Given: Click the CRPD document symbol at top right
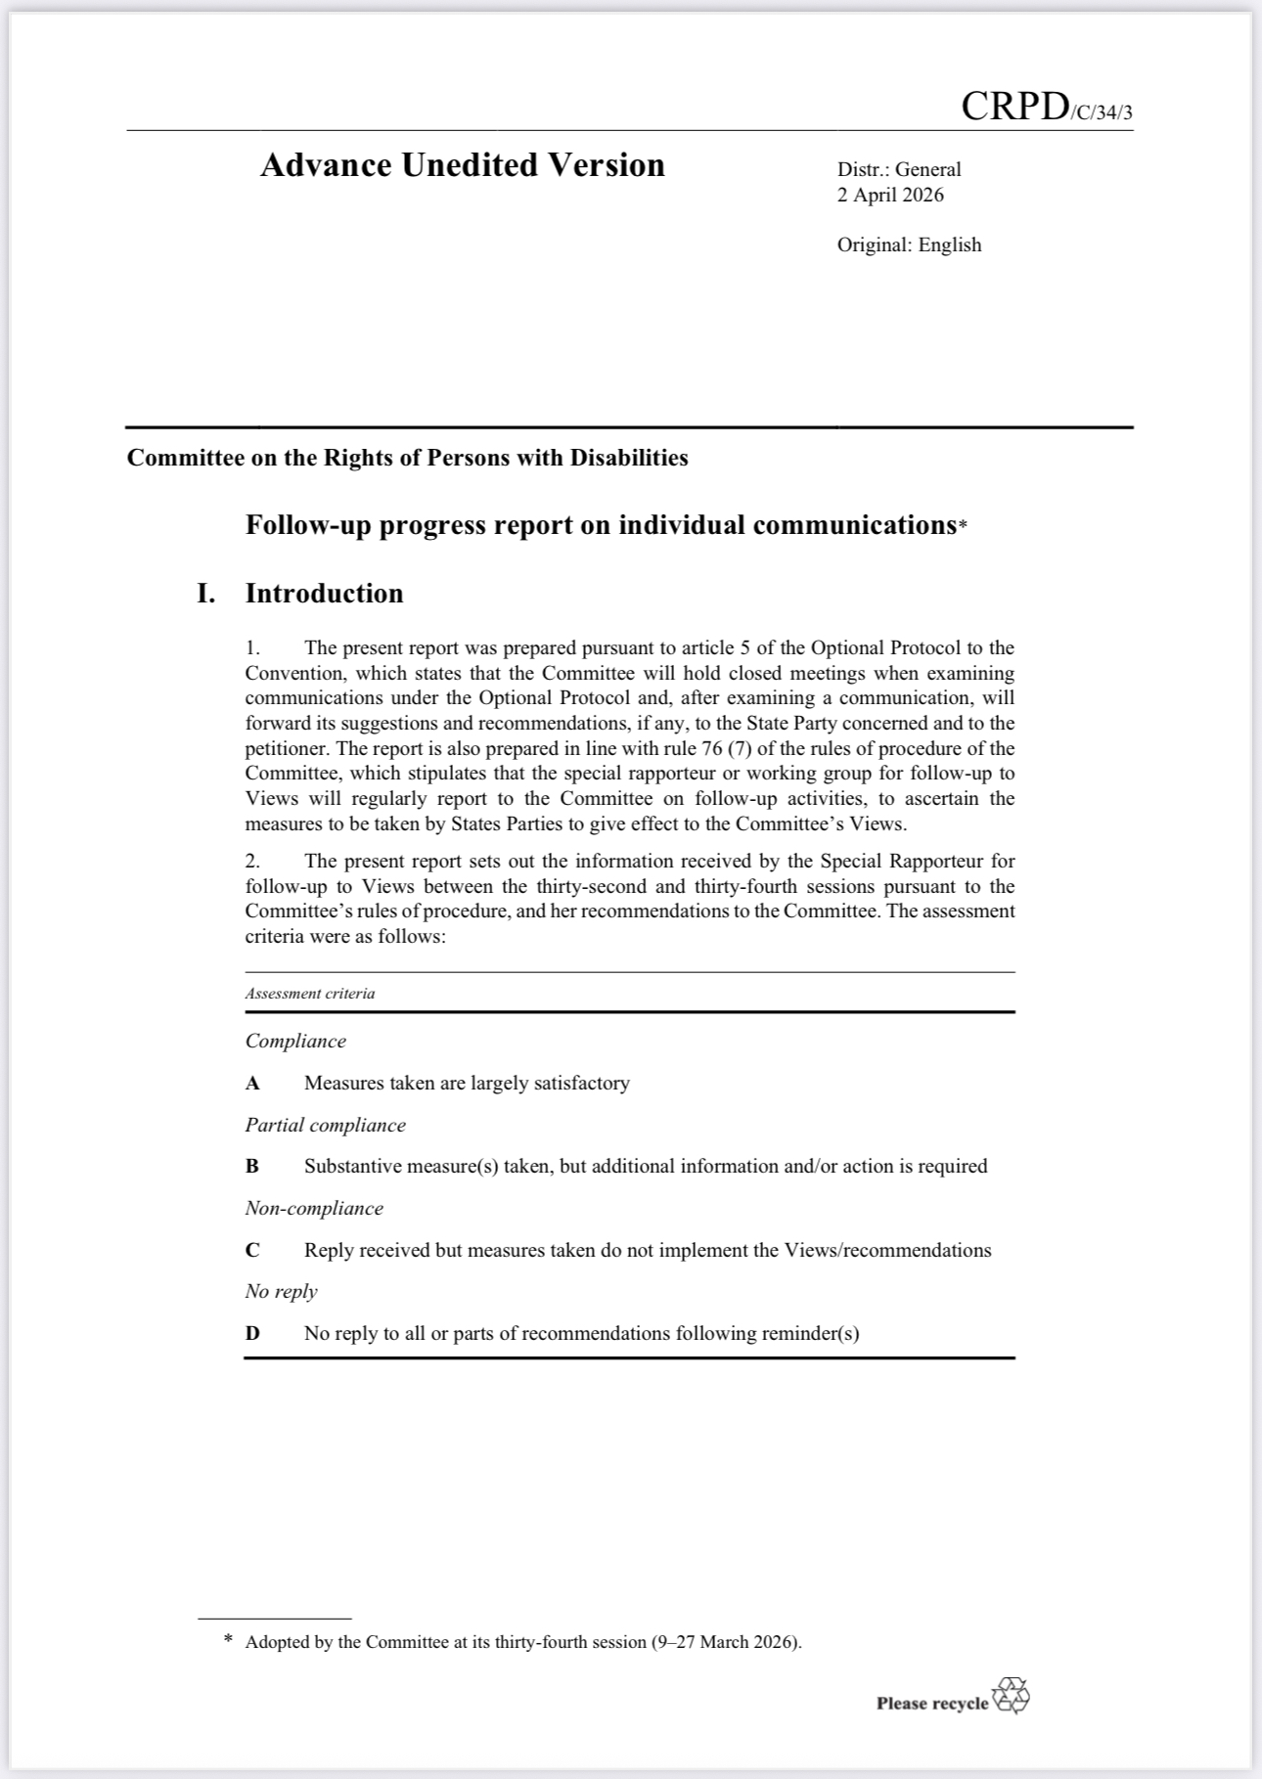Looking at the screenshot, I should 1045,107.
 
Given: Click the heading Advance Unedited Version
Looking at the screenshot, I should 462,165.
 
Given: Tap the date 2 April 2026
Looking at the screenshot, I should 890,195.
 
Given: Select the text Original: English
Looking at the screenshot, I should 909,245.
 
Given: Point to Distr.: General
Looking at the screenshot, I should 899,169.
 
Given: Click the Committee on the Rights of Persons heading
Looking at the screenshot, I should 407,458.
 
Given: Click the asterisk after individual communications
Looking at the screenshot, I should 963,527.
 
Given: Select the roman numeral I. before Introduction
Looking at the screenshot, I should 205,594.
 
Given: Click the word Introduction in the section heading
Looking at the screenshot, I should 324,594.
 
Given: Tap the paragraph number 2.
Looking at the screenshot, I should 252,861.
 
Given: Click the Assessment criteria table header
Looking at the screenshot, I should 310,994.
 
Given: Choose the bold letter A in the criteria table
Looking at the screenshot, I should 252,1083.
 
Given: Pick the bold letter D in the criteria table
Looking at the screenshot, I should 252,1333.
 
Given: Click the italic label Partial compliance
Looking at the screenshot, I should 325,1125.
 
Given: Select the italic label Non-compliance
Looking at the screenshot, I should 314,1208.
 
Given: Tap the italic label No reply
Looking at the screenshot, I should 281,1291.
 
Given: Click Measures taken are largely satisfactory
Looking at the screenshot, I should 467,1083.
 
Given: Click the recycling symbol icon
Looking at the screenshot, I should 1011,1696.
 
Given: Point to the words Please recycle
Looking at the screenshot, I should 931,1703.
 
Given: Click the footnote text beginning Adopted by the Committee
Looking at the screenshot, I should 523,1642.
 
